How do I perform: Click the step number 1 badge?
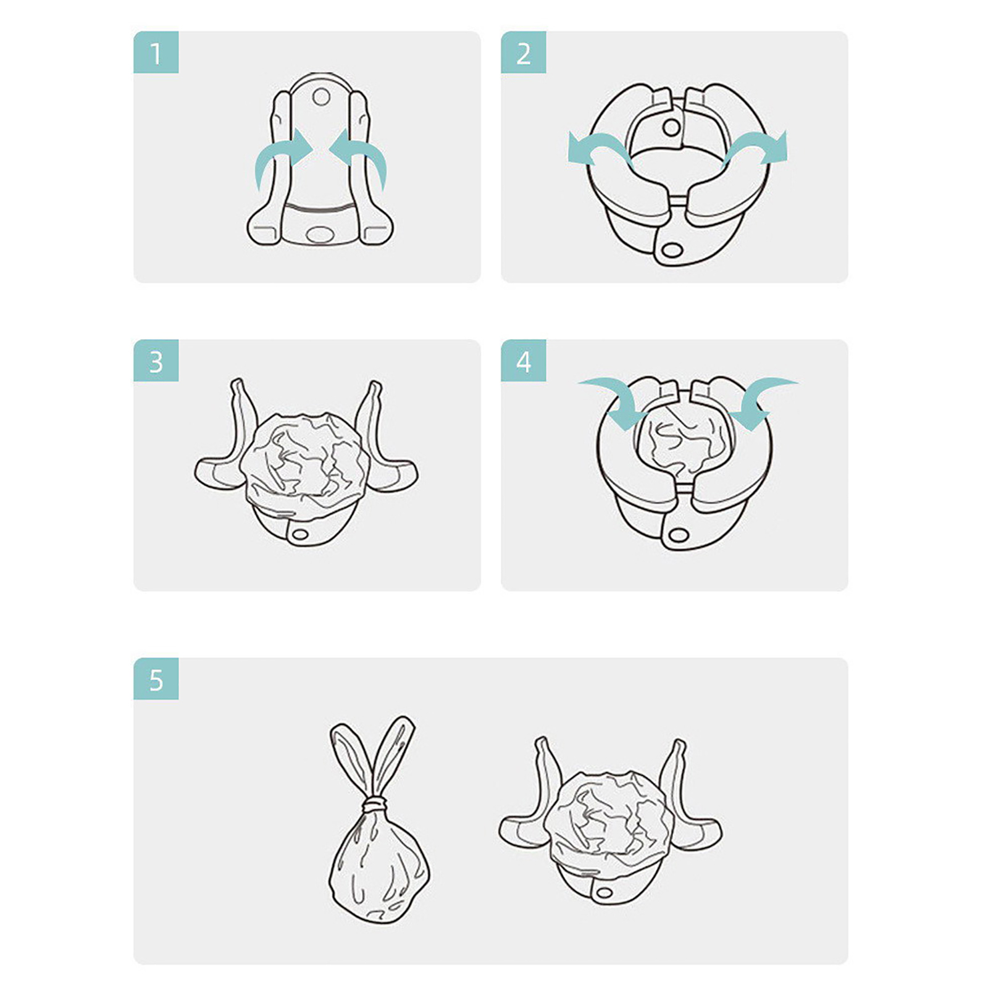coord(156,52)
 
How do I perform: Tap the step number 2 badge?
coord(523,52)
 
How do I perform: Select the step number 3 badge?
coord(156,361)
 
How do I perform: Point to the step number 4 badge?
coord(523,361)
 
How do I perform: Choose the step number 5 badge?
coord(156,679)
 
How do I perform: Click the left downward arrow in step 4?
coord(617,398)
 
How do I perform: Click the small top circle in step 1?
coord(321,97)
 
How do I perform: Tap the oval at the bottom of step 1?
coord(319,234)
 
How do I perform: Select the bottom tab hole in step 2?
coord(672,250)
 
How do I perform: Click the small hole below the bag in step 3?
coord(301,533)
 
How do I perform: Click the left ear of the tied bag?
coord(351,758)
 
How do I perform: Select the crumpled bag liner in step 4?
coord(684,438)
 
